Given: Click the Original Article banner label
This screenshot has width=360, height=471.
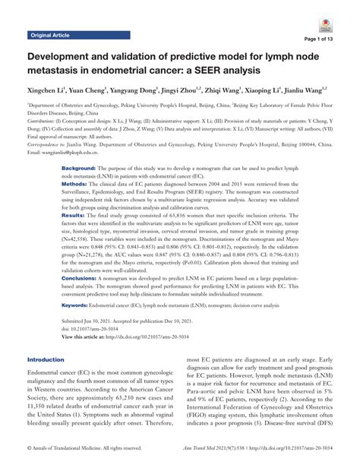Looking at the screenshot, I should [51, 35].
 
